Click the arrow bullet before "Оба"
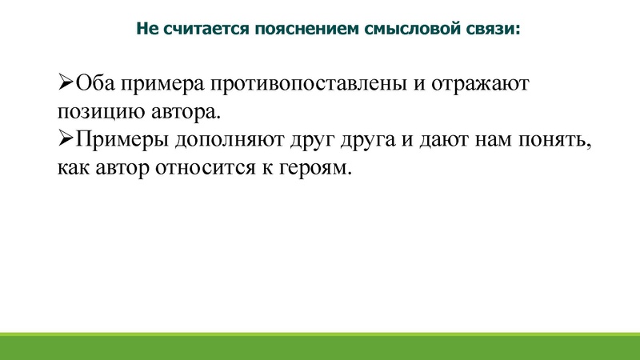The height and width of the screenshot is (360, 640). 65,82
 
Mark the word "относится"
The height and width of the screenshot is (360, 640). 206,170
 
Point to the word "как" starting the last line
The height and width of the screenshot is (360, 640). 72,170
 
